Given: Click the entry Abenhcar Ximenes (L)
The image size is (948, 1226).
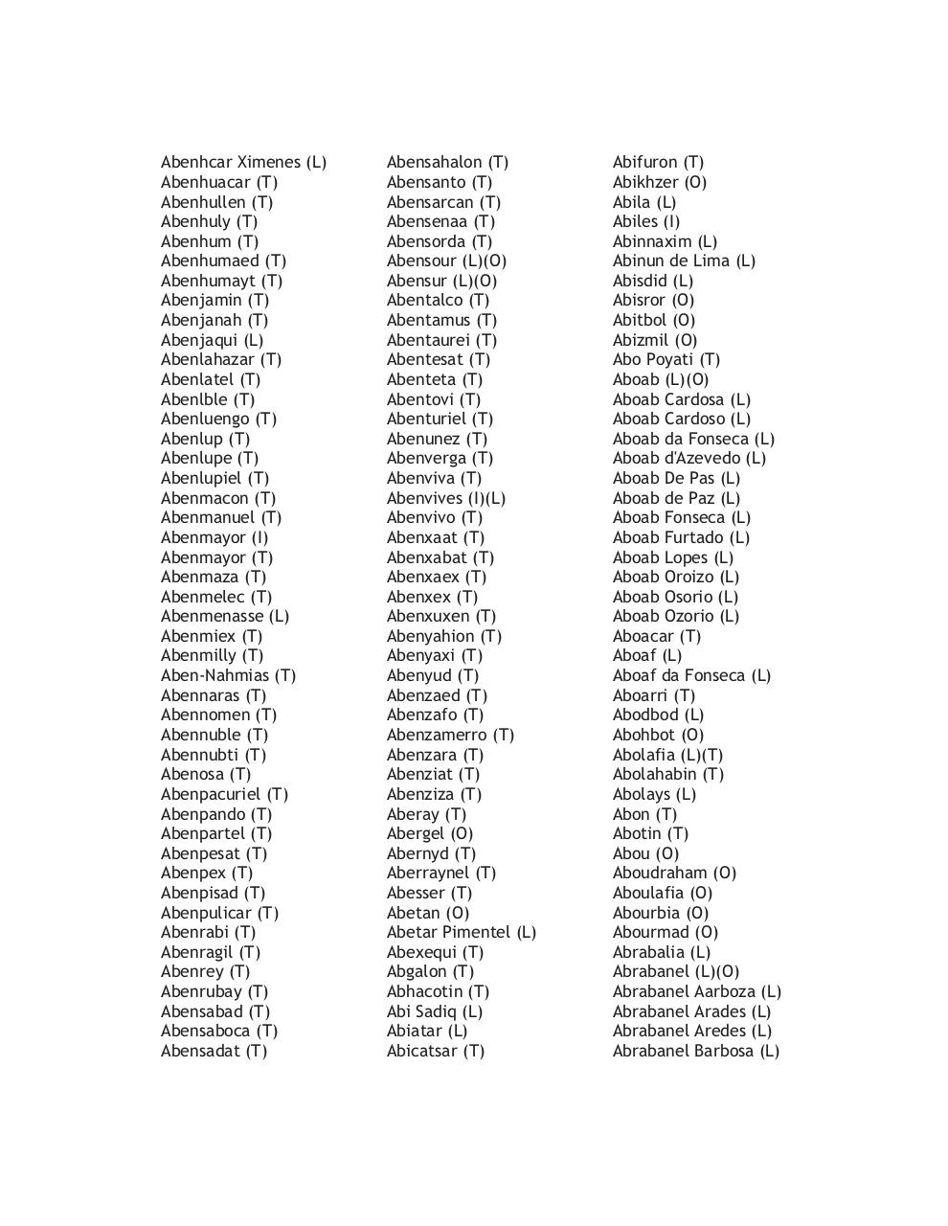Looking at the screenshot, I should click(x=243, y=163).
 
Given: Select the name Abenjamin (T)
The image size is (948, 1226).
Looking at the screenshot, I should click(x=214, y=301).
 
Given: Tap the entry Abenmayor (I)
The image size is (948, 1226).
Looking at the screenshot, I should click(x=214, y=538).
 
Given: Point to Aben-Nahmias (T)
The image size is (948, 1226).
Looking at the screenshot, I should click(x=228, y=676).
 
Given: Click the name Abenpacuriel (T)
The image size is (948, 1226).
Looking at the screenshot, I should click(x=224, y=795).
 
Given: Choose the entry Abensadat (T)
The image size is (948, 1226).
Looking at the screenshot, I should click(x=214, y=1052).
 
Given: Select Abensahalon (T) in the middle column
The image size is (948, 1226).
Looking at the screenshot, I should click(x=447, y=163).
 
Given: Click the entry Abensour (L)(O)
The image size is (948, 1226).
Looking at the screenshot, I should click(x=446, y=261).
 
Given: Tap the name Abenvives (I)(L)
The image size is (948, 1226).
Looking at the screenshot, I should click(x=445, y=499).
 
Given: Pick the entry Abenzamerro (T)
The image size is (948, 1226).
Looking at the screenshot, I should click(x=450, y=736).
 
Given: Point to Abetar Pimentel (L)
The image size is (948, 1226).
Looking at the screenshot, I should click(x=461, y=933).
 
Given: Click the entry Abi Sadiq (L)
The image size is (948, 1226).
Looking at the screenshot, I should click(x=434, y=1012).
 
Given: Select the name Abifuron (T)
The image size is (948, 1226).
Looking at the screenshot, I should click(x=658, y=163).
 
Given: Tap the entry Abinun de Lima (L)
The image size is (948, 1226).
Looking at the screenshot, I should click(x=684, y=261).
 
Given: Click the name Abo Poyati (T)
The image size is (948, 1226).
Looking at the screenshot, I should click(x=666, y=360).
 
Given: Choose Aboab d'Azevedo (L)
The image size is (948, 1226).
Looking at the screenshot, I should click(x=688, y=459).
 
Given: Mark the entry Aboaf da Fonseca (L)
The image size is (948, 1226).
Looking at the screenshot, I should click(x=691, y=676).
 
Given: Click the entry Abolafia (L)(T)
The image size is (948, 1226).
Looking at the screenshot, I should click(x=667, y=756).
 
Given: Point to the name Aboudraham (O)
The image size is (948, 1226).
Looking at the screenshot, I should click(x=674, y=874).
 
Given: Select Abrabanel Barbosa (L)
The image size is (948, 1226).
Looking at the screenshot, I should click(x=695, y=1052).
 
